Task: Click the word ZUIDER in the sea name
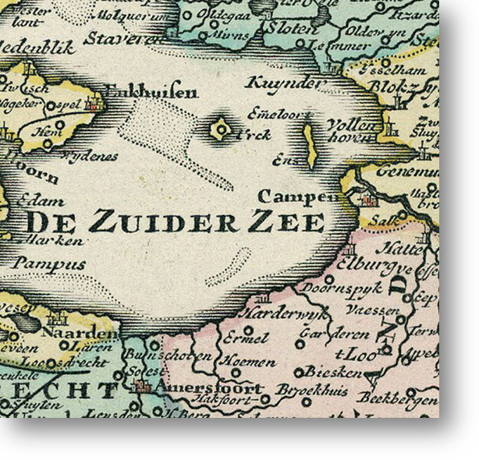(x=163, y=222)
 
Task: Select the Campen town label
(x=289, y=196)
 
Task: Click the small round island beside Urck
(x=222, y=128)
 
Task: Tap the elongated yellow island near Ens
(x=310, y=146)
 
